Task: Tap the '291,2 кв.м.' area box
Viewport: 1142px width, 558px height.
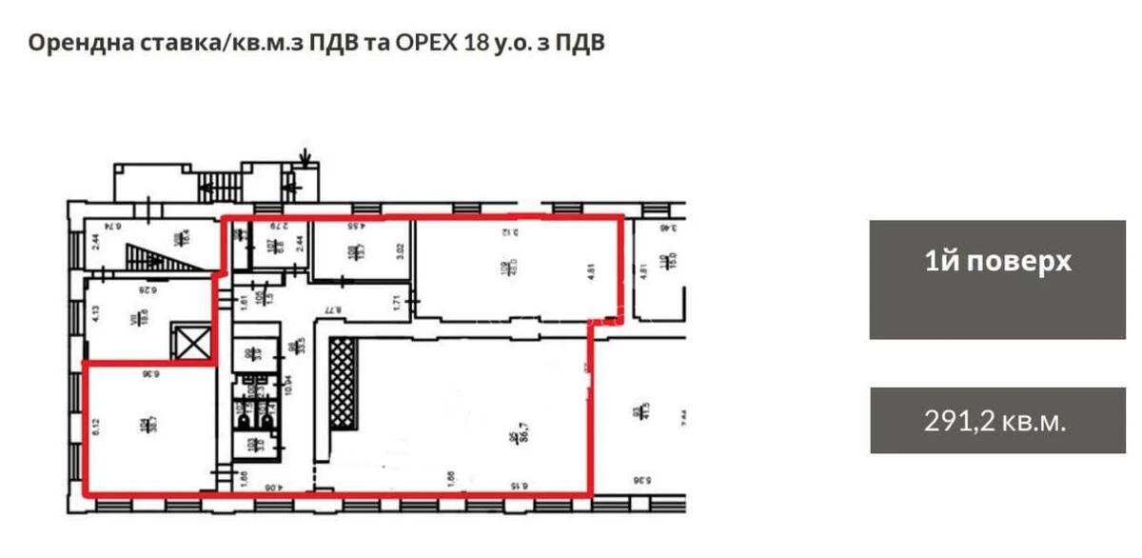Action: pyautogui.click(x=997, y=420)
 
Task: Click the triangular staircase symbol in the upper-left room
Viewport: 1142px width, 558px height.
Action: pyautogui.click(x=153, y=256)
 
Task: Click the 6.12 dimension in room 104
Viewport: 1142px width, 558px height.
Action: pyautogui.click(x=96, y=425)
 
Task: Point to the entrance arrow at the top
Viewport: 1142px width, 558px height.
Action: pyautogui.click(x=305, y=155)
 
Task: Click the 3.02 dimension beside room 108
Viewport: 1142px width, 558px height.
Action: pyautogui.click(x=402, y=253)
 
